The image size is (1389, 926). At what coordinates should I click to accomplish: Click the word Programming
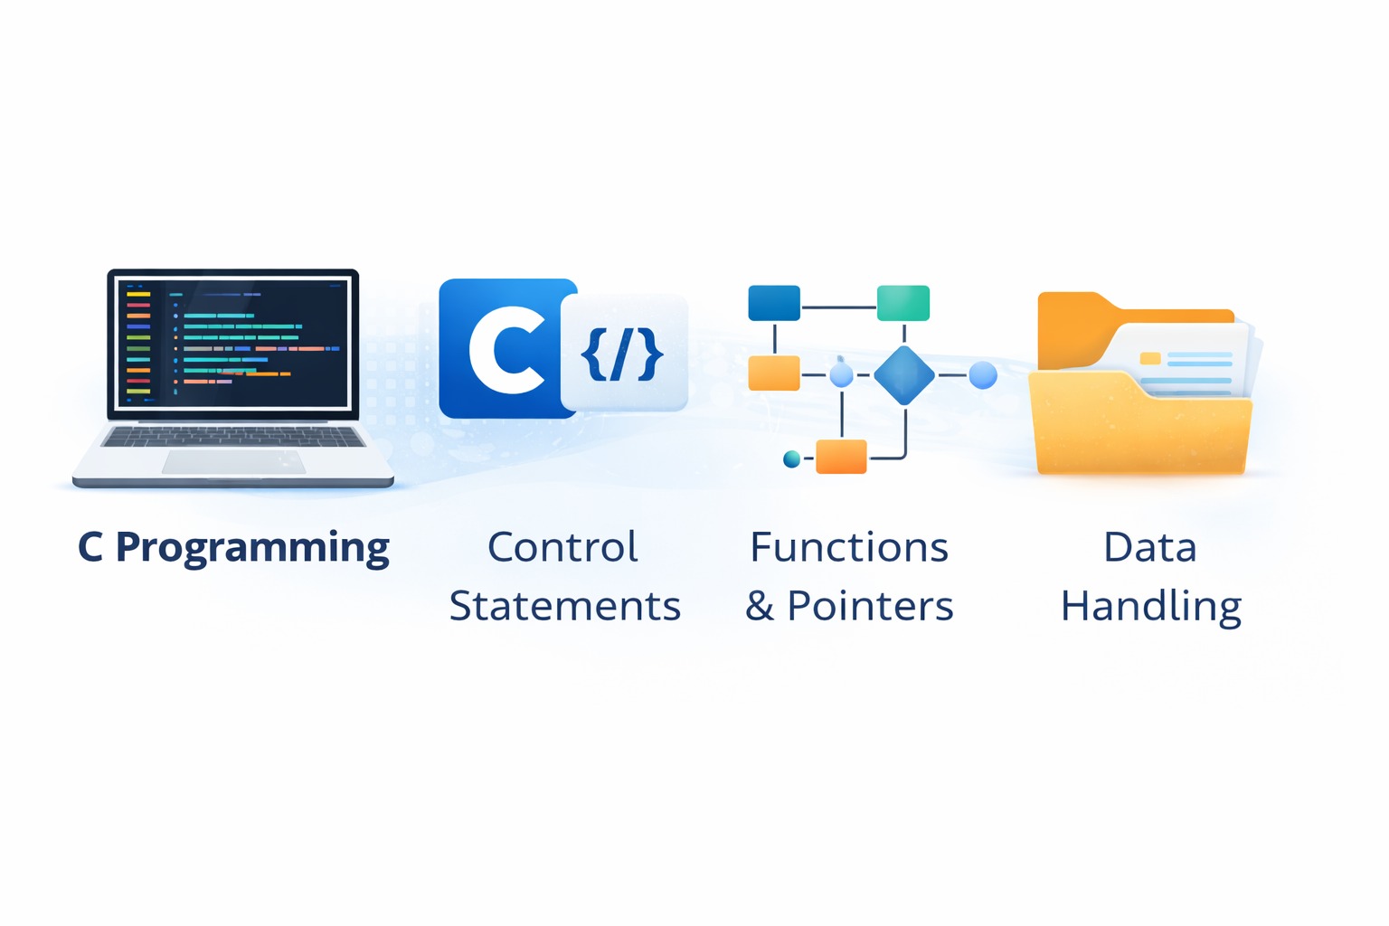point(252,548)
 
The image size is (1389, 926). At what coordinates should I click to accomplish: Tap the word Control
point(562,547)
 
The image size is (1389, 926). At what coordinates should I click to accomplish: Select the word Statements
point(565,606)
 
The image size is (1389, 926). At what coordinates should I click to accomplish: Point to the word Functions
point(849,547)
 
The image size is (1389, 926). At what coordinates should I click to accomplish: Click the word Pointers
point(870,606)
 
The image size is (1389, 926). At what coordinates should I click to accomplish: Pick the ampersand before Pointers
point(760,607)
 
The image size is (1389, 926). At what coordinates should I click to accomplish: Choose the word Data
point(1149,547)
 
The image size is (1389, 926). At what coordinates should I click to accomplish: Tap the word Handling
point(1151,607)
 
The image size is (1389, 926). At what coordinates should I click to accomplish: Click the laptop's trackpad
point(233,461)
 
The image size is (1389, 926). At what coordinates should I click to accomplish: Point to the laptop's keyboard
point(233,437)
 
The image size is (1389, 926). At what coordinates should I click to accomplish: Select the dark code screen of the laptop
point(233,344)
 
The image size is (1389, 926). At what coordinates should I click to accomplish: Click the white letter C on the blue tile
point(506,350)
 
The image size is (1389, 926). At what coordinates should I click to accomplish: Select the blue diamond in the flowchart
point(903,374)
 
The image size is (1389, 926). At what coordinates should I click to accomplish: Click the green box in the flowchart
point(902,303)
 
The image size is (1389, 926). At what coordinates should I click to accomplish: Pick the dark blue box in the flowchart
point(774,303)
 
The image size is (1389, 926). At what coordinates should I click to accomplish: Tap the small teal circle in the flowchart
point(791,459)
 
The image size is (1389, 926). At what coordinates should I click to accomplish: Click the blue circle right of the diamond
point(983,374)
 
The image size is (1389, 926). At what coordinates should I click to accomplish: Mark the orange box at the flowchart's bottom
point(841,457)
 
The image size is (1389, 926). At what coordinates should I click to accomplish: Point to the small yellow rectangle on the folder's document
point(1150,358)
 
